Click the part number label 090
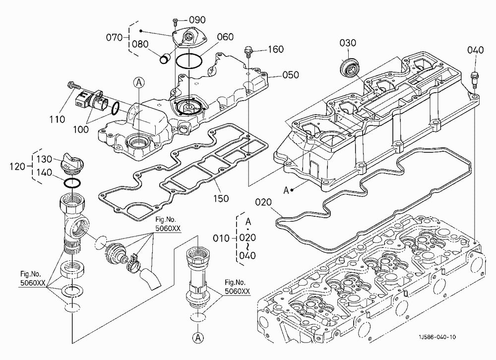tap(197, 20)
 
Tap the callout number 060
tap(225, 37)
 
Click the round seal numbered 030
tap(349, 67)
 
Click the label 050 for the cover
tap(290, 75)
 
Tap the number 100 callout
tap(81, 129)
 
